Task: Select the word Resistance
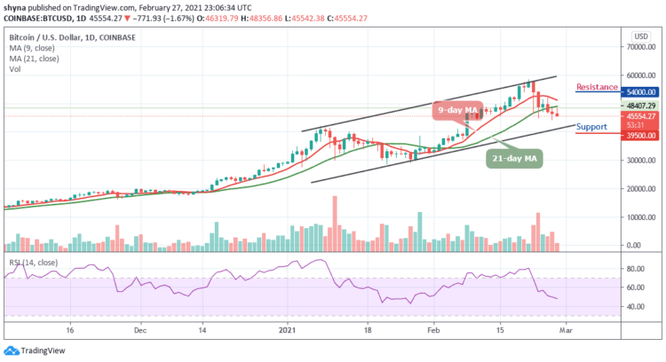tap(597, 87)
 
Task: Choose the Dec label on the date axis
tap(139, 327)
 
